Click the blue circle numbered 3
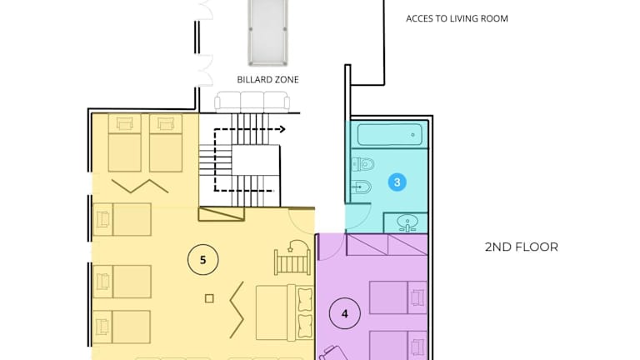click(397, 182)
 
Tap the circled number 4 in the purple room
click(345, 313)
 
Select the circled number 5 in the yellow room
click(202, 260)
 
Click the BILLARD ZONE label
click(267, 80)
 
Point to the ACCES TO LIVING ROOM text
click(457, 19)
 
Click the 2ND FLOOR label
click(521, 247)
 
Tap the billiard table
click(267, 32)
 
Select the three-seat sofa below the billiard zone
click(252, 102)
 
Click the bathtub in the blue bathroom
click(390, 135)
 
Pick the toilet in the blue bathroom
click(362, 164)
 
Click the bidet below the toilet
click(361, 187)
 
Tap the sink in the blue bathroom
click(407, 223)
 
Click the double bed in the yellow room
click(284, 312)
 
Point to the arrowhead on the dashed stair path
click(282, 129)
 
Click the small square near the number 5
click(209, 298)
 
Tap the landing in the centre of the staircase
click(256, 160)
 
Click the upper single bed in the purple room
click(398, 297)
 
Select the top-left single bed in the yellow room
click(124, 142)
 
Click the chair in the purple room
click(332, 353)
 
